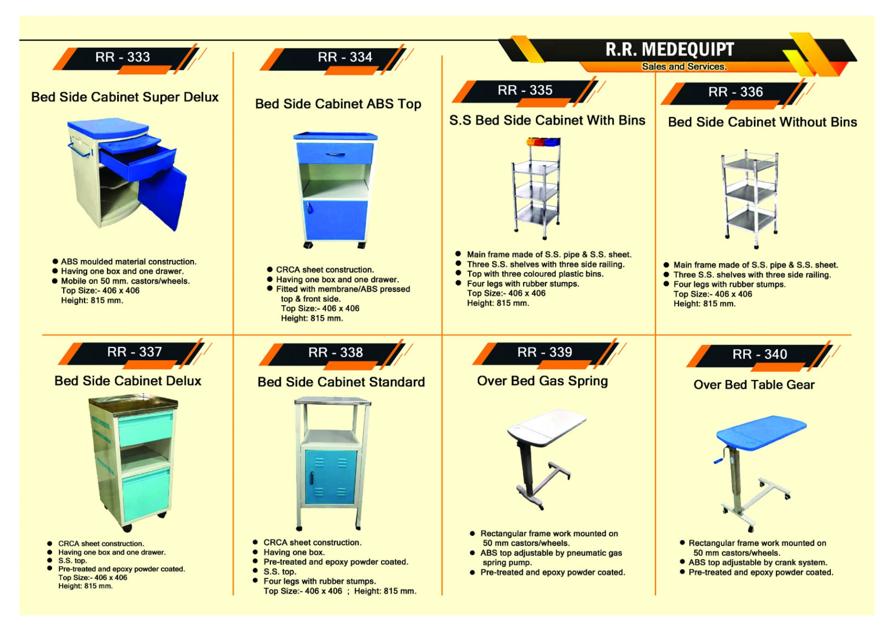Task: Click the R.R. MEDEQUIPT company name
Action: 669,50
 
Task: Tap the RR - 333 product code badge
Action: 123,57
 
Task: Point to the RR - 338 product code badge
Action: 335,353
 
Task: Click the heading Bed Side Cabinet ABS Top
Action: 338,104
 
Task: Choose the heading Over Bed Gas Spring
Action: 542,381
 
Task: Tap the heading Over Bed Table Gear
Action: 754,385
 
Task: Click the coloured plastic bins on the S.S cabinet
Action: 543,142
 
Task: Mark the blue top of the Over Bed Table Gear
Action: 761,432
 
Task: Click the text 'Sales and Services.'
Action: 684,67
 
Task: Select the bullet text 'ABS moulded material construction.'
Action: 128,262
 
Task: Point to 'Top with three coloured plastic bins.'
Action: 535,274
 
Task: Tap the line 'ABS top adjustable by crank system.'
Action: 757,562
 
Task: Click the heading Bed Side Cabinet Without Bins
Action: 762,122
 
